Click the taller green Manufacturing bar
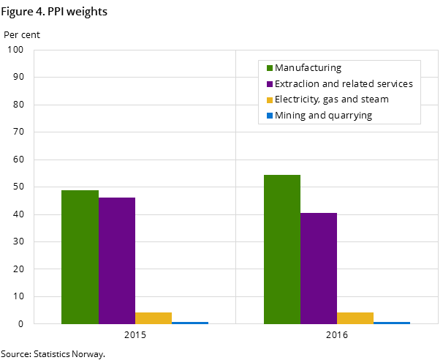[281, 249]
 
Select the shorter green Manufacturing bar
[80, 256]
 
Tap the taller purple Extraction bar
[117, 260]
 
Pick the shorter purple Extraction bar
[319, 268]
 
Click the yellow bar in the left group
[154, 318]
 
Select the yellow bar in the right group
[355, 318]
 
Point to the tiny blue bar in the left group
[190, 323]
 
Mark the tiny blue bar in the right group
[392, 323]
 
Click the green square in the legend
[269, 68]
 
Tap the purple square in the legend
[269, 84]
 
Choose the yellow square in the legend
[269, 100]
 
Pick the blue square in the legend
[269, 116]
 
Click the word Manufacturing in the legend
[308, 68]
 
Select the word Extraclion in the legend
[297, 84]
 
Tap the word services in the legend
[395, 84]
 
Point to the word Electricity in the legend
[296, 100]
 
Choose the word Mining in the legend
[289, 116]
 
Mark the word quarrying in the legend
[349, 116]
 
